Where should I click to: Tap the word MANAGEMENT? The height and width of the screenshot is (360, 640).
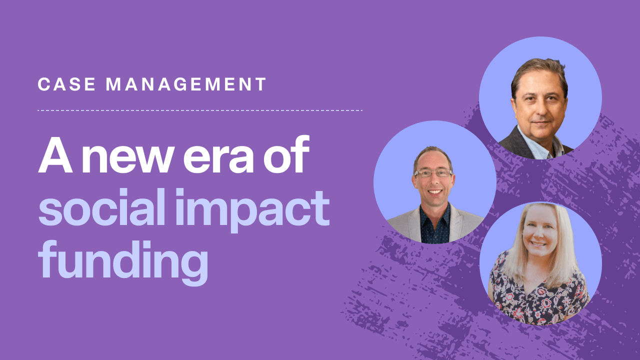click(x=186, y=84)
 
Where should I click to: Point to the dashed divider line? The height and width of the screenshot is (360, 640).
click(x=200, y=110)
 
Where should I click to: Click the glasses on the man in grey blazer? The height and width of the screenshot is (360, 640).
click(x=433, y=173)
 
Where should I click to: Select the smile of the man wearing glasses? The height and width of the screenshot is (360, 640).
click(x=434, y=191)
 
